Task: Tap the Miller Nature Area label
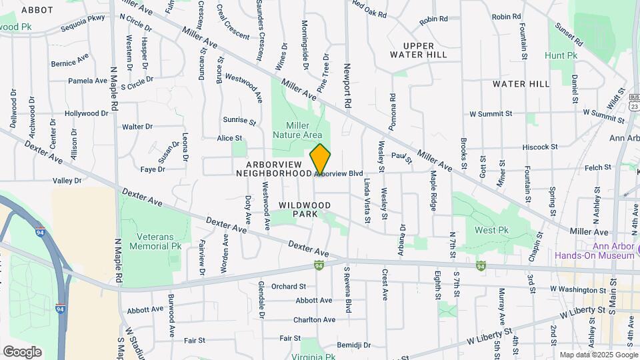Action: (x=303, y=130)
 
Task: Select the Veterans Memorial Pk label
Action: (x=159, y=241)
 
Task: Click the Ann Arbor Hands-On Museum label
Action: (x=596, y=251)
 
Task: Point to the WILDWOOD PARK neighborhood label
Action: (x=305, y=209)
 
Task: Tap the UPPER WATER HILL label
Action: (x=418, y=50)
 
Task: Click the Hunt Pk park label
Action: (x=560, y=55)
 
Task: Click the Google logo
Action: (x=22, y=351)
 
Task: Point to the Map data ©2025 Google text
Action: (x=597, y=355)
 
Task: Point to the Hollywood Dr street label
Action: (x=87, y=113)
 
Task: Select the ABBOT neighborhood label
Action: (x=37, y=10)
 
